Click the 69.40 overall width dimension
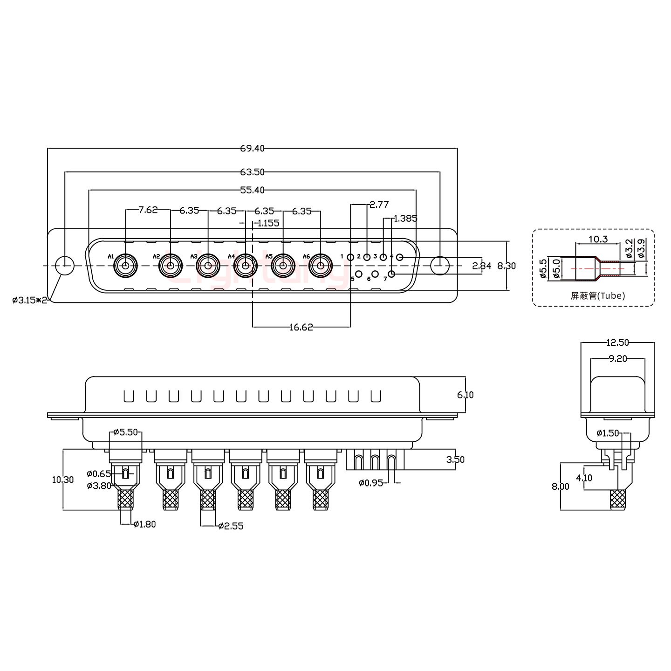252,149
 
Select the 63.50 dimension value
252,172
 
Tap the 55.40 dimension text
252,190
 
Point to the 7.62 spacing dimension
148,210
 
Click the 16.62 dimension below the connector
301,327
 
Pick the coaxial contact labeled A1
125,267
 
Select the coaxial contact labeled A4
246,267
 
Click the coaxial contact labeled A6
320,267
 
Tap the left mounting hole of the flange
65,266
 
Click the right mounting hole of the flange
439,266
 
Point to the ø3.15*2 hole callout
30,300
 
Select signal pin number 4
399,258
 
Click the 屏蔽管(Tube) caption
598,295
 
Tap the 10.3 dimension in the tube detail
598,240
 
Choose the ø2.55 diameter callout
231,527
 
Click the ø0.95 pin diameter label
371,483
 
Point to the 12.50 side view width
617,343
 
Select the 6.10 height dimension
465,395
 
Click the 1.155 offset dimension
268,223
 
